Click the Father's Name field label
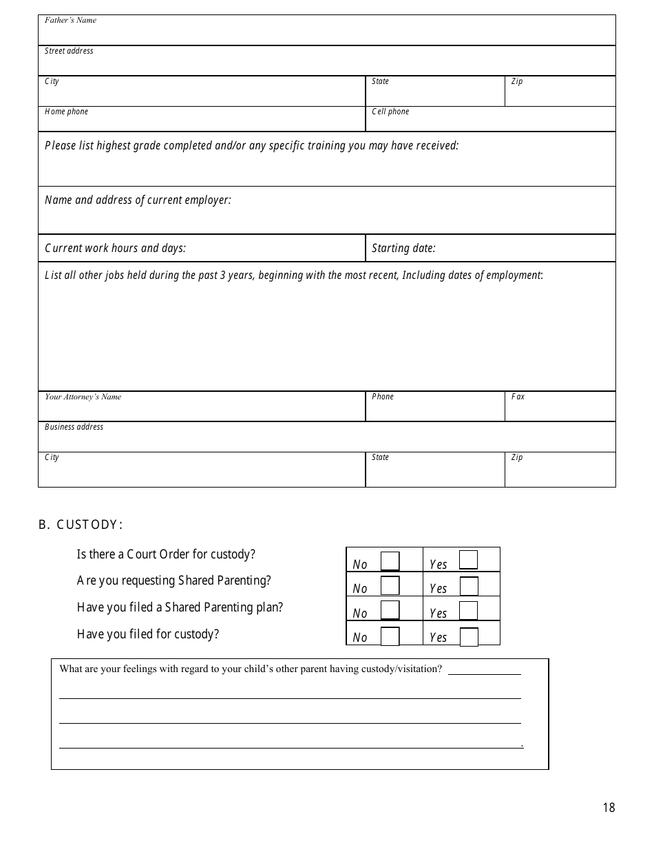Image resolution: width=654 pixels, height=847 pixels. click(x=70, y=20)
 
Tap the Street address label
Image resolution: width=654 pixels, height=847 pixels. click(x=69, y=51)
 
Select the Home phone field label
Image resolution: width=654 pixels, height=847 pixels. click(x=66, y=112)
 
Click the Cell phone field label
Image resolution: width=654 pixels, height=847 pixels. click(x=390, y=112)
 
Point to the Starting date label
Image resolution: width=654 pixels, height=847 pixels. click(x=403, y=249)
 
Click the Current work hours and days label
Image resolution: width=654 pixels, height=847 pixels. click(x=115, y=249)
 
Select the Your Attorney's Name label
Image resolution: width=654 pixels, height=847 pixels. click(x=83, y=397)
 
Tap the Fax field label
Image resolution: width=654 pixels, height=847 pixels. click(x=518, y=397)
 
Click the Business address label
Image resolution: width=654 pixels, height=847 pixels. click(x=74, y=427)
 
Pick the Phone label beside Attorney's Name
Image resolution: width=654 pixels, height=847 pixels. click(x=383, y=397)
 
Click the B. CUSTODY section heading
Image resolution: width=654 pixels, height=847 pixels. click(x=81, y=525)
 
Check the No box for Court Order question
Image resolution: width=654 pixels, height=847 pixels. click(x=390, y=561)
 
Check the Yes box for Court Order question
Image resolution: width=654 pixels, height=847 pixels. click(x=468, y=559)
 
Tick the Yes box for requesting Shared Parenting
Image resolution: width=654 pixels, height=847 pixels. click(x=469, y=586)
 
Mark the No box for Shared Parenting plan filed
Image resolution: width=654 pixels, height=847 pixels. click(x=390, y=610)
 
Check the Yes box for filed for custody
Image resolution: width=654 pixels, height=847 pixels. click(x=469, y=637)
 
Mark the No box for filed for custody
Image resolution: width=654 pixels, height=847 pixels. click(x=390, y=636)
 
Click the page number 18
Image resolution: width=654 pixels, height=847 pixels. click(x=609, y=808)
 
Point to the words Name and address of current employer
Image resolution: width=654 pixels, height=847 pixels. click(x=138, y=200)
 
